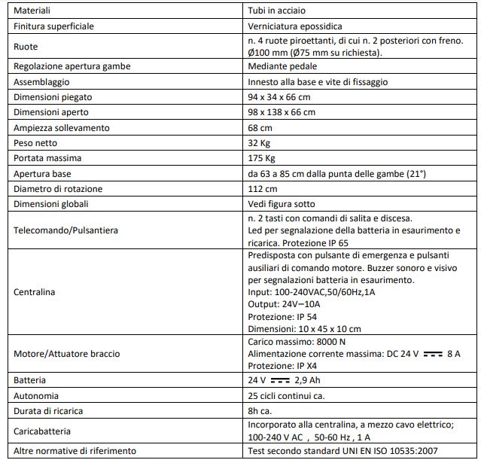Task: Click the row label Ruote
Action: (26, 46)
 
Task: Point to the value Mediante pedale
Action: (279, 66)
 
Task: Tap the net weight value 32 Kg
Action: (260, 143)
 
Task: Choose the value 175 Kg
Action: (262, 158)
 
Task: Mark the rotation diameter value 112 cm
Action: (262, 189)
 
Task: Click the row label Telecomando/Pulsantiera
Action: (66, 229)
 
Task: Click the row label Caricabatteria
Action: (43, 431)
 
